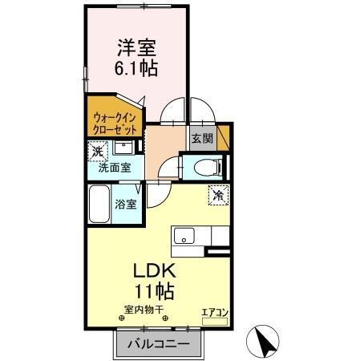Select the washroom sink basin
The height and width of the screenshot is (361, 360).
124,148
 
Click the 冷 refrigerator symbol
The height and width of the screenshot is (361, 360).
217,193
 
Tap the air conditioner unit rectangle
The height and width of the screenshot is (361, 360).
214,320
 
